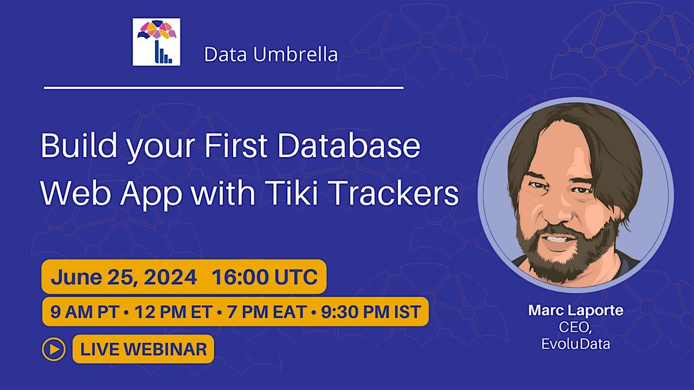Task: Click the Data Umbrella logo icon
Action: pos(156,42)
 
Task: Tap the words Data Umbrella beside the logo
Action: pos(271,55)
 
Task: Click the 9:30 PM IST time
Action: pos(369,313)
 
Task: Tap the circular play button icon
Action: pos(53,349)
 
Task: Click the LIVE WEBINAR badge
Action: pos(143,349)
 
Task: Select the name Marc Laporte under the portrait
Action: pos(575,310)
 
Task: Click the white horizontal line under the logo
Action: pos(224,88)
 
